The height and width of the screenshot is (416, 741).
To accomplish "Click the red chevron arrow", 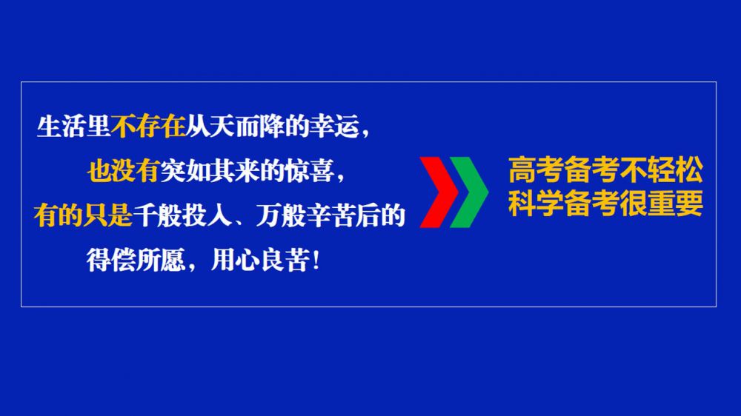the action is [x=439, y=192].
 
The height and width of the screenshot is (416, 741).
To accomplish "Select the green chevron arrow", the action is [x=469, y=192].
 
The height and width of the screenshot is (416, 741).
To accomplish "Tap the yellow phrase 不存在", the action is [x=148, y=127].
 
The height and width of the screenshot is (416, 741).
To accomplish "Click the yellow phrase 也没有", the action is [x=123, y=171].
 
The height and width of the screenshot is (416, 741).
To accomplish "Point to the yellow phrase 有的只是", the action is [x=83, y=215].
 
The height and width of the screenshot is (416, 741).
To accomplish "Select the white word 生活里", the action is [x=73, y=127].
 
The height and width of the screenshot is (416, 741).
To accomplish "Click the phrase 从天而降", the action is [x=234, y=127].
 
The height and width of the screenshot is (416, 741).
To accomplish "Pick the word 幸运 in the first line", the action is [x=333, y=127].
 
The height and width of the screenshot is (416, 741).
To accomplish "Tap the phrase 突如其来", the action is [x=209, y=171].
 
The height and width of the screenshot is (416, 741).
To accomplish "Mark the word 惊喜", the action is [x=308, y=171].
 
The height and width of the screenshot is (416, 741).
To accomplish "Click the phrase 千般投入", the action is [x=182, y=215].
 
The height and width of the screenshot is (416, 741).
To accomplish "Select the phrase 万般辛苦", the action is [x=306, y=215].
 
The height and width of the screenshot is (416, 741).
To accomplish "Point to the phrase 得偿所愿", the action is [x=136, y=260].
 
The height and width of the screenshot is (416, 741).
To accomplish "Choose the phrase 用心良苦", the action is [x=260, y=260].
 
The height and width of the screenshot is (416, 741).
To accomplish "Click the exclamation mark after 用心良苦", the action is [x=316, y=260].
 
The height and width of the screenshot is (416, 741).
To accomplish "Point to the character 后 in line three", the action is [x=368, y=215].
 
